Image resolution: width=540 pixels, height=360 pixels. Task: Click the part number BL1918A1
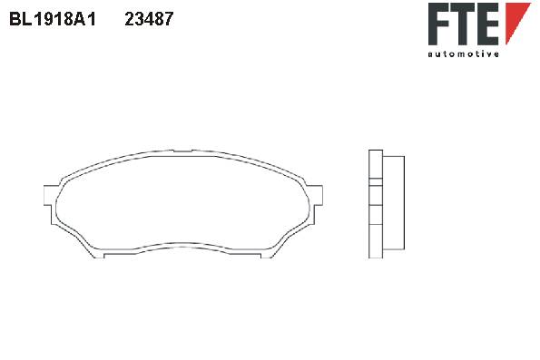click(53, 19)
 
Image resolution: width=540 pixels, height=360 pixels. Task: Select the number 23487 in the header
click(149, 19)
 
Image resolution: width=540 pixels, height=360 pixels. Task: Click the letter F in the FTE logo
click(438, 24)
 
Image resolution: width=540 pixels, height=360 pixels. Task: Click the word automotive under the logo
click(464, 54)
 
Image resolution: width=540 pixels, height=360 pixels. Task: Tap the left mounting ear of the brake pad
click(49, 196)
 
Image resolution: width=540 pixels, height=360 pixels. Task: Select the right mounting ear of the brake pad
click(317, 195)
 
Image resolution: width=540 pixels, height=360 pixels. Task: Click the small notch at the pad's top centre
click(182, 151)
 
